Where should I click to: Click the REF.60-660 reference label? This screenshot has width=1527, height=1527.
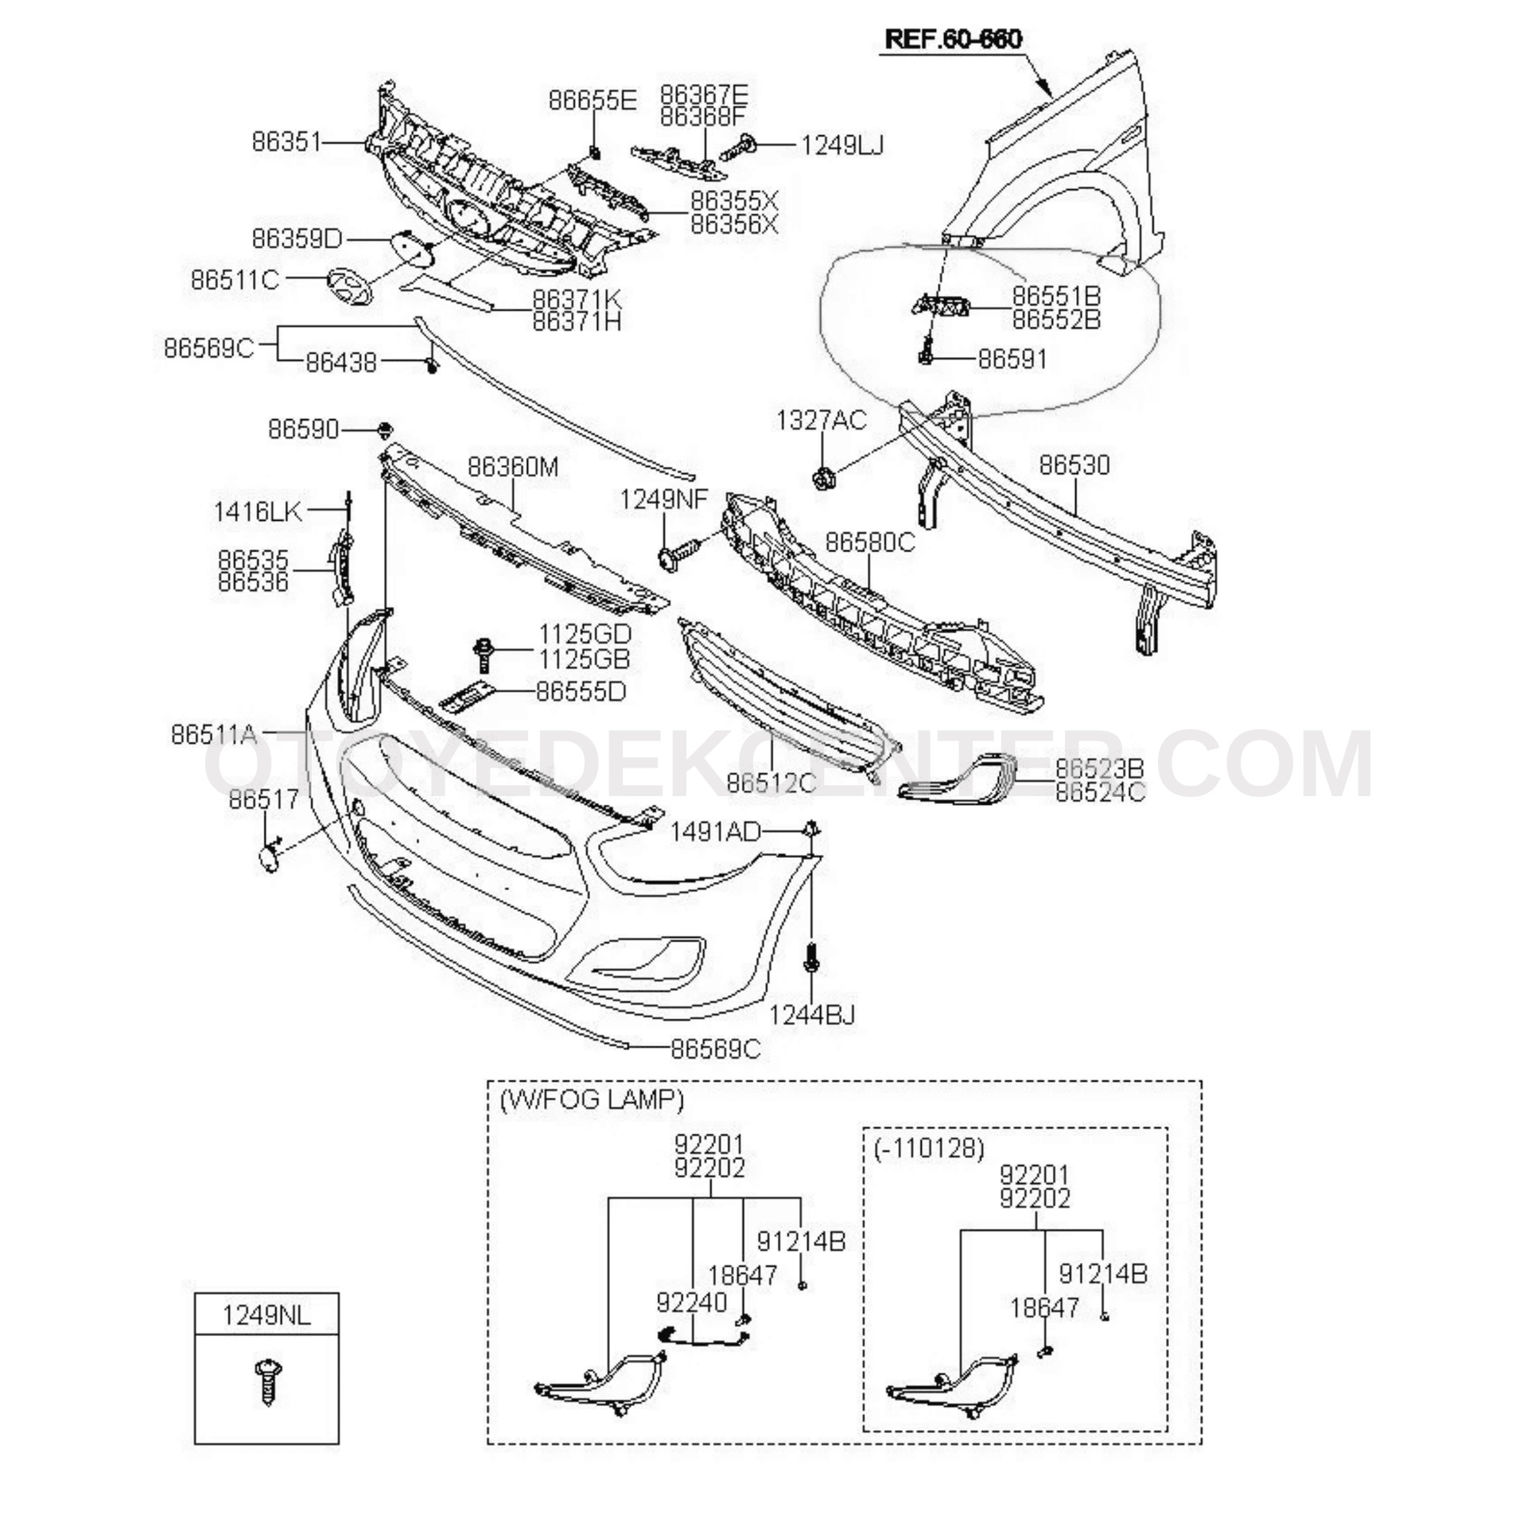click(954, 39)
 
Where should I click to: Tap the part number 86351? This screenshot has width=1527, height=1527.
click(286, 142)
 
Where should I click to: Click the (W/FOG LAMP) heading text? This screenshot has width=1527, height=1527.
click(591, 1099)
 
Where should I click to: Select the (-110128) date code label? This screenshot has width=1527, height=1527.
click(929, 1148)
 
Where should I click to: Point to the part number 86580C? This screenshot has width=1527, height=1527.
click(870, 542)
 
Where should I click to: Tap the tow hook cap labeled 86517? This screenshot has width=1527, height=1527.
click(269, 858)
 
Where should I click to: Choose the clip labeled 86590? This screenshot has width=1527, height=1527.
click(386, 430)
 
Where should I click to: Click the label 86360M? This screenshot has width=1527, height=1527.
click(513, 467)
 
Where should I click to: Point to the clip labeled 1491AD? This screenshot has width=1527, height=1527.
click(810, 830)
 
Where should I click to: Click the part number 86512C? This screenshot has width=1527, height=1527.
click(771, 783)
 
